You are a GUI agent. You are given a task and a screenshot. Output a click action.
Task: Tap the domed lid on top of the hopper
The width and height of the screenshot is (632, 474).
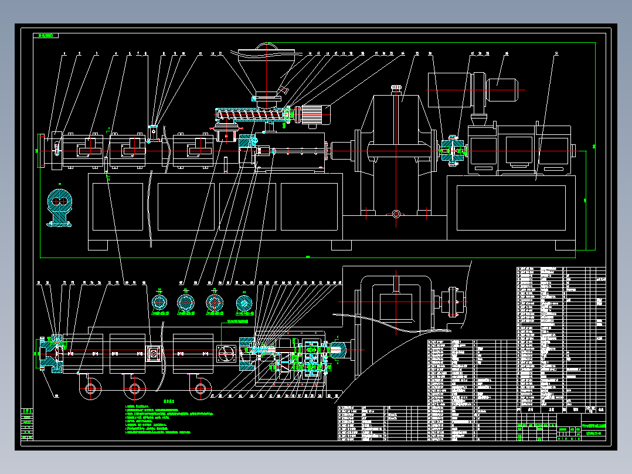click(267, 48)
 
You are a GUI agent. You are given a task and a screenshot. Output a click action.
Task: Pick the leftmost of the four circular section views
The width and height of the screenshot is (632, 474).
click(159, 303)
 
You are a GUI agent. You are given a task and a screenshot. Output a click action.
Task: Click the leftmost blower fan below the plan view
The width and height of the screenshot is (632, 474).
click(91, 388)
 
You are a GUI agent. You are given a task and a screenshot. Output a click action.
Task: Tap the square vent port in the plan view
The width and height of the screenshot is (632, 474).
click(154, 354)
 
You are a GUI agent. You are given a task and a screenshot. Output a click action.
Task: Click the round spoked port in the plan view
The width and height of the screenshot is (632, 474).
click(226, 353)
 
